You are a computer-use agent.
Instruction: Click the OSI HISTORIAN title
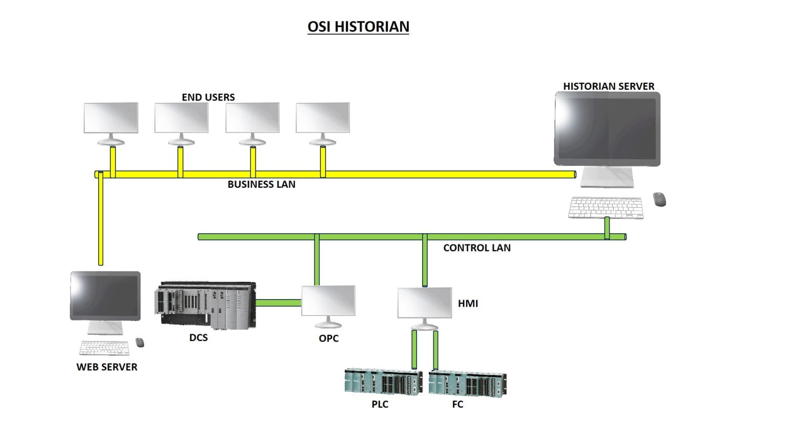(358, 27)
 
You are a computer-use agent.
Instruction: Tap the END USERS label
(208, 97)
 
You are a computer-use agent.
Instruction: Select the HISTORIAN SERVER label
(609, 86)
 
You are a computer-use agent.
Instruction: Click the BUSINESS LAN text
(261, 184)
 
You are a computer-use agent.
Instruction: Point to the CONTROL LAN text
(476, 248)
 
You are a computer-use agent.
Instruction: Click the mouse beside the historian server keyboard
(659, 199)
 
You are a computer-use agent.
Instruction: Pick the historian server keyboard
(606, 208)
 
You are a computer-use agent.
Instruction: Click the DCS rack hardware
(205, 305)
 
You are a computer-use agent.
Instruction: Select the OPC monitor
(328, 302)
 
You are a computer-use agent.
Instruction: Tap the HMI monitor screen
(424, 303)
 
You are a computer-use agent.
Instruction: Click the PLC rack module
(383, 382)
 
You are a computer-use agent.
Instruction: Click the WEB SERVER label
(107, 367)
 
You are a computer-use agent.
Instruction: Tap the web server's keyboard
(104, 348)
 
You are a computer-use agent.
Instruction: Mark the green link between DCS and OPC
(278, 303)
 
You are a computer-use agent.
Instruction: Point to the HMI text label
(468, 304)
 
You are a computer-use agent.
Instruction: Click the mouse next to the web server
(140, 342)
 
